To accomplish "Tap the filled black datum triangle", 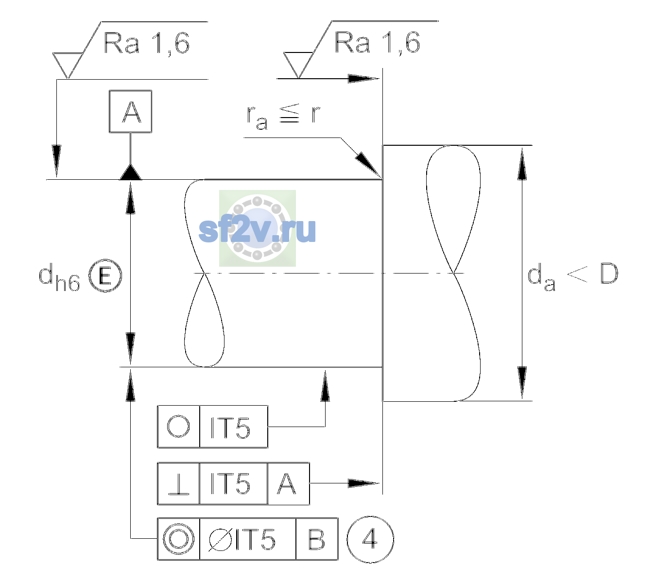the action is click(131, 172).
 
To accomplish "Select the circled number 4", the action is click(370, 539).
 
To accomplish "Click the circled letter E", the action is click(105, 275).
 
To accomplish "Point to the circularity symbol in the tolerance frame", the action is click(178, 426).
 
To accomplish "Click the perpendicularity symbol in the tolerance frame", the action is click(178, 483).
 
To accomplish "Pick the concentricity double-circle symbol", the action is click(178, 539).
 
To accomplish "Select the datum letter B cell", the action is click(317, 539).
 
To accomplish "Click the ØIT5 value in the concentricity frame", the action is click(242, 539).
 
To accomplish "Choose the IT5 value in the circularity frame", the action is click(230, 428).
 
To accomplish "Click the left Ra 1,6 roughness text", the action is click(146, 43).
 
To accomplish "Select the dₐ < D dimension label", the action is click(573, 276).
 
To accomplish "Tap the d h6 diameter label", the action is click(59, 277).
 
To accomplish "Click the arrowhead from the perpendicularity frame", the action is click(363, 483).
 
